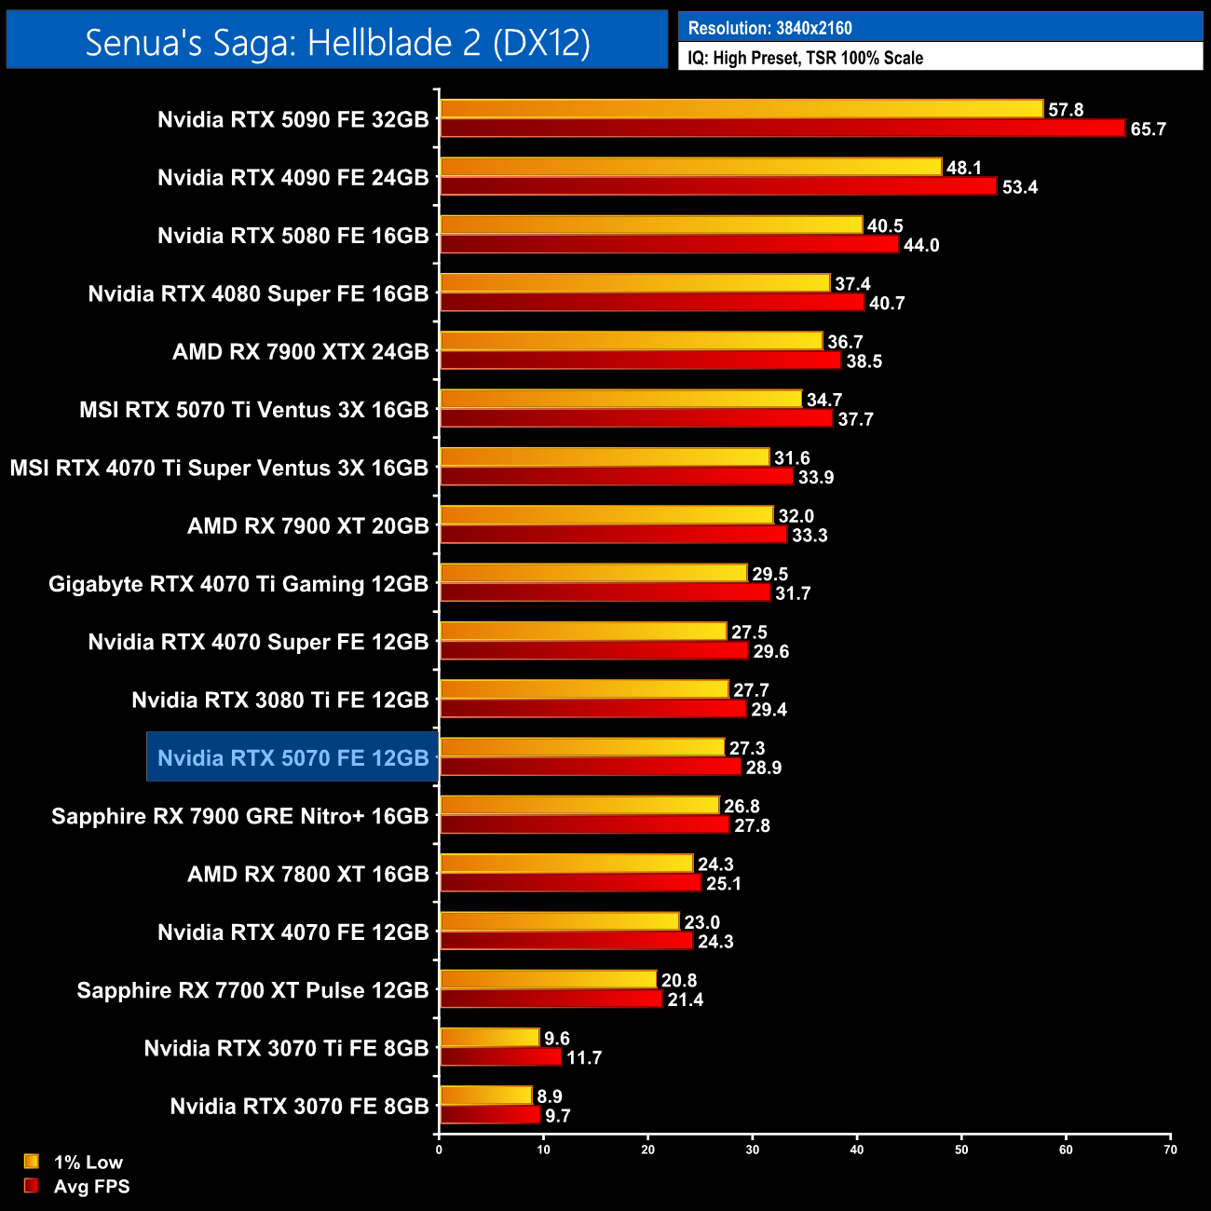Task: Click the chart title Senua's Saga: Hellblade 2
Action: pyautogui.click(x=337, y=43)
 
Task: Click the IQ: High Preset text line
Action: pyautogui.click(x=805, y=58)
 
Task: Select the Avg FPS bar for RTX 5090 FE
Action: pyautogui.click(x=782, y=129)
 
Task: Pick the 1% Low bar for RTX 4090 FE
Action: pyautogui.click(x=690, y=168)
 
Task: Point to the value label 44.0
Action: pyautogui.click(x=921, y=245)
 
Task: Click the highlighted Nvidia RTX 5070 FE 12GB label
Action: pyautogui.click(x=293, y=758)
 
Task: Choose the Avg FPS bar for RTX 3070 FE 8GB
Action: pyautogui.click(x=490, y=1115)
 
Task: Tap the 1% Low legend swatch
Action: pyautogui.click(x=32, y=1162)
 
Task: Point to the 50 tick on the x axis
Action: pyautogui.click(x=961, y=1150)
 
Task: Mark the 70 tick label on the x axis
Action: pyautogui.click(x=1170, y=1150)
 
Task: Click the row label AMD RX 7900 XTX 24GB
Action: pyautogui.click(x=300, y=352)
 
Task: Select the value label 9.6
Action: pyautogui.click(x=557, y=1039)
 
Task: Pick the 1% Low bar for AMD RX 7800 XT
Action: pyautogui.click(x=566, y=864)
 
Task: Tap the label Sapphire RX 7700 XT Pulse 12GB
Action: pyautogui.click(x=252, y=990)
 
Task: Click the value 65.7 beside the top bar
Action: pyautogui.click(x=1148, y=129)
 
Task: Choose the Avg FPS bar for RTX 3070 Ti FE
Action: pyautogui.click(x=500, y=1057)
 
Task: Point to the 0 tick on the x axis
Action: pyautogui.click(x=439, y=1150)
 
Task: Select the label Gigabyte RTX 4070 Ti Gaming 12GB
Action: pyautogui.click(x=238, y=584)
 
